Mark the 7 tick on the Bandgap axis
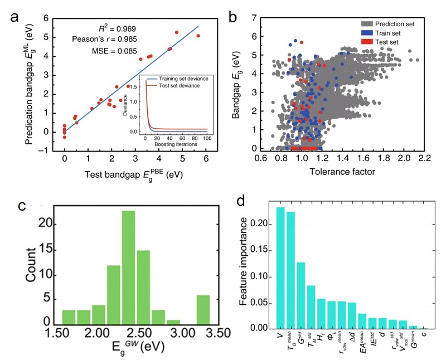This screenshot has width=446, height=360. coord(254,18)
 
